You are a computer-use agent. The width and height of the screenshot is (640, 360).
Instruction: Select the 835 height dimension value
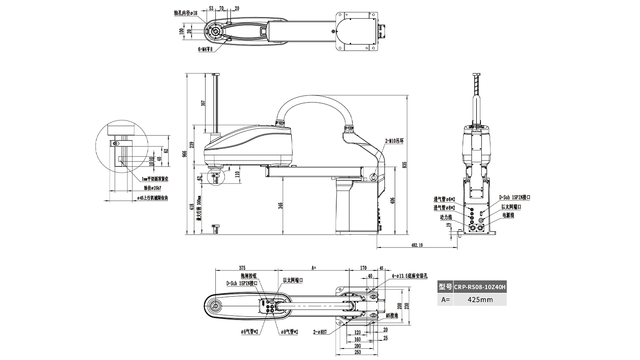(404, 165)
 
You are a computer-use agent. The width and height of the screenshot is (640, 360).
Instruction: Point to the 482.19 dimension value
(416, 246)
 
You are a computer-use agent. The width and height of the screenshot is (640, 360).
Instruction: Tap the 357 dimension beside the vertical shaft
(203, 103)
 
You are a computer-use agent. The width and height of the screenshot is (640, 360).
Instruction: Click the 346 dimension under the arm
(280, 206)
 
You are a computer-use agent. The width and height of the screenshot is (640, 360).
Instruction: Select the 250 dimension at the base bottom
(358, 352)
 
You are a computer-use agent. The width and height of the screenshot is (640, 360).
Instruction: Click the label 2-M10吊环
(394, 141)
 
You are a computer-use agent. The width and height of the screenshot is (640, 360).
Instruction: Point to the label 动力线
(446, 217)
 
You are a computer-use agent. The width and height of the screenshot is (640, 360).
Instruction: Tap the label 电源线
(508, 215)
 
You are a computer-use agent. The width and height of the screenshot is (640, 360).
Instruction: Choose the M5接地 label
(392, 315)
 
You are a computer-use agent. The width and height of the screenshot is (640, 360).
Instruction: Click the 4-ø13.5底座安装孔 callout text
(409, 276)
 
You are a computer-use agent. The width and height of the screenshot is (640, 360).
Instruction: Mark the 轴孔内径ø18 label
(186, 13)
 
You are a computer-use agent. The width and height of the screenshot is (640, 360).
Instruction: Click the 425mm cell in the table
(480, 300)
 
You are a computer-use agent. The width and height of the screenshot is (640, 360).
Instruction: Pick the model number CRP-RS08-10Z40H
(480, 287)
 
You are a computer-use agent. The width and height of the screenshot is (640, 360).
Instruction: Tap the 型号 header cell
(445, 287)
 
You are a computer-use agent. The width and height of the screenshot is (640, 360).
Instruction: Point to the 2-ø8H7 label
(320, 332)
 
